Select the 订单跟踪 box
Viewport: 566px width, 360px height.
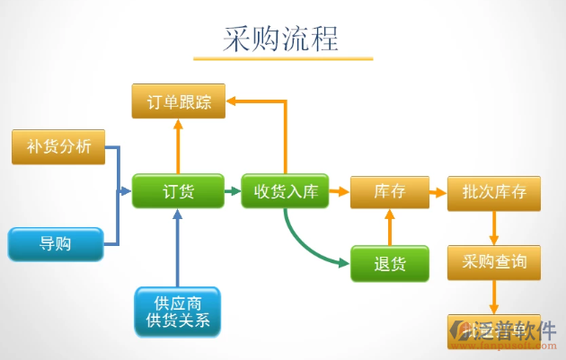tap(178, 101)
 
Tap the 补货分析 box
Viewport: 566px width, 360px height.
tap(58, 147)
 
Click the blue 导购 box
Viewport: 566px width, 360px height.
tap(55, 244)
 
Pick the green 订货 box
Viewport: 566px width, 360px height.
tap(177, 191)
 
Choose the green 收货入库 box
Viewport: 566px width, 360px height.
tap(285, 191)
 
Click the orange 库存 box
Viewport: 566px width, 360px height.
tap(389, 192)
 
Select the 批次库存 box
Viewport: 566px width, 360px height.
tap(493, 192)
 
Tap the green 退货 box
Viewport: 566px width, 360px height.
tap(389, 263)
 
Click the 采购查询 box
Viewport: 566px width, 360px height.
tap(493, 263)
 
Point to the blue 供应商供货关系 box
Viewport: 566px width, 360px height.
tap(177, 312)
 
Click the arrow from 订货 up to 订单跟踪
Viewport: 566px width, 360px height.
tap(177, 147)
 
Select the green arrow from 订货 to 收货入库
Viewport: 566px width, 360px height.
tap(231, 191)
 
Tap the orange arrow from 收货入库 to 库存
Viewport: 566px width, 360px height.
tap(339, 191)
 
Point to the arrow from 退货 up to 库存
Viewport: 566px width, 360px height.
tap(389, 228)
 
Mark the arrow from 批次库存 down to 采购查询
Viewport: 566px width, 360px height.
tap(493, 227)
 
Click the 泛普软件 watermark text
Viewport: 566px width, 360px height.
tap(518, 329)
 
